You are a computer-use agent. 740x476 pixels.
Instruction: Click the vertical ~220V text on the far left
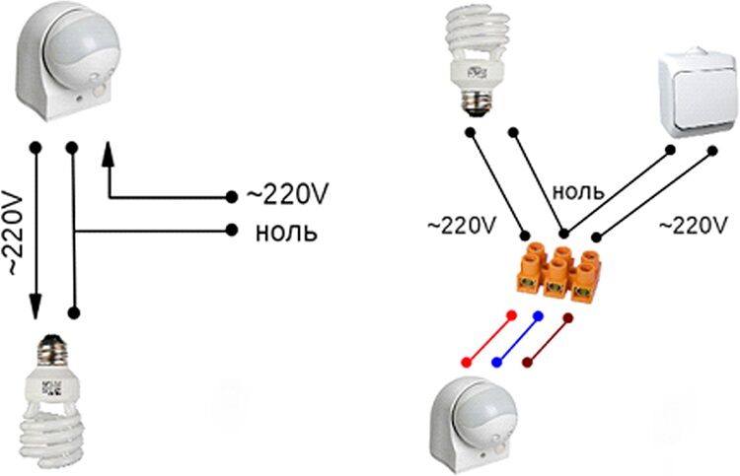13,232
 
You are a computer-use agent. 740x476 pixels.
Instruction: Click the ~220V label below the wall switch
691,225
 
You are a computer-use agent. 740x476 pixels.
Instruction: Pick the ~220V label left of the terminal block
462,225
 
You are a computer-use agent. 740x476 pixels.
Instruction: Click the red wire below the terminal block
488,338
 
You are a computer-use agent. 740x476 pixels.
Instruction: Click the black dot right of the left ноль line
231,232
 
